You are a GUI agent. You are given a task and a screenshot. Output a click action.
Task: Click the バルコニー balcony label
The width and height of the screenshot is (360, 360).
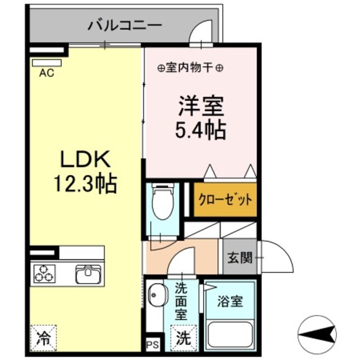pos(125,25)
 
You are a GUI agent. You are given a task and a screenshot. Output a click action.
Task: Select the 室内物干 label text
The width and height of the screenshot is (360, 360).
pos(190,69)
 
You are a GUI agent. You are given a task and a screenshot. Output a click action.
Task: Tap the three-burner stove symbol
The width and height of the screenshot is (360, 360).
pos(44,273)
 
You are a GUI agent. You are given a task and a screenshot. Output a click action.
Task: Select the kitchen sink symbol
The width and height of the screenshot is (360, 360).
pos(88,273)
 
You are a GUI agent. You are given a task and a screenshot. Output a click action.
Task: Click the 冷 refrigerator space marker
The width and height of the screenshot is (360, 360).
pos(43,339)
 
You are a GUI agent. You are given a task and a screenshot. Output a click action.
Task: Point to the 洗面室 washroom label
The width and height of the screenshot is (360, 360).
pos(181,304)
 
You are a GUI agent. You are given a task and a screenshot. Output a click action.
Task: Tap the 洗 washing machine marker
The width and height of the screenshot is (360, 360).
pos(183,339)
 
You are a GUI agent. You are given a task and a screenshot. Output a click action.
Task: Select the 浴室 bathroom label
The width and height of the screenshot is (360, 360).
pos(231,301)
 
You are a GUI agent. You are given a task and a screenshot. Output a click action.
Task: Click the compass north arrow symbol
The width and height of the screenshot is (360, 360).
pos(318,336)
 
